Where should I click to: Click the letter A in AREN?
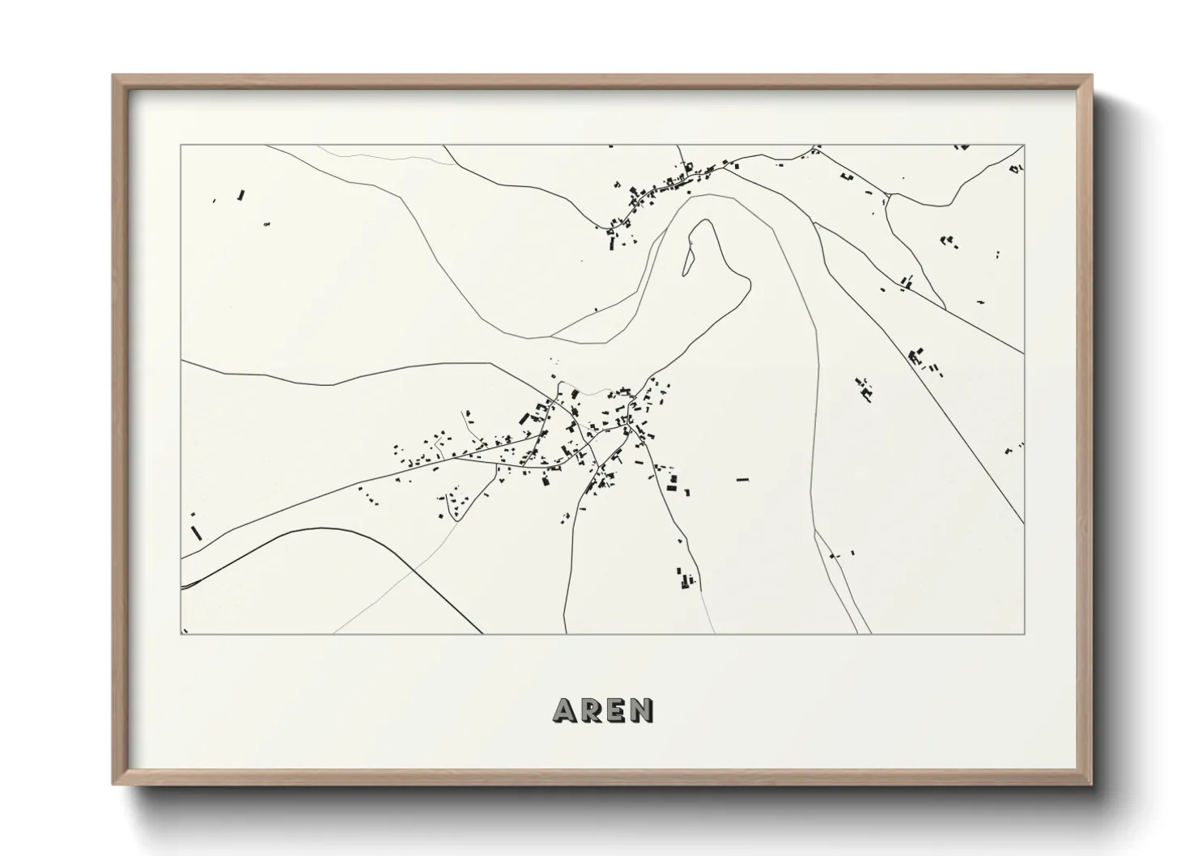tap(565, 710)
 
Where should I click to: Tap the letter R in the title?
tap(592, 710)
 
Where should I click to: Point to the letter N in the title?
tap(643, 710)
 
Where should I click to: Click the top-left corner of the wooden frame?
tap(114, 76)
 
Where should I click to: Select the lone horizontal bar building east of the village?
tap(742, 480)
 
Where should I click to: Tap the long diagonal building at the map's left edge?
tap(195, 532)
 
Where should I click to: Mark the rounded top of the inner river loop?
tap(703, 223)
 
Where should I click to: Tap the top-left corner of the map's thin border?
tap(181, 146)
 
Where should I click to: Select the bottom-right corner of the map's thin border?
tap(1024, 634)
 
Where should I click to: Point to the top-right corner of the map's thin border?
tap(1024, 146)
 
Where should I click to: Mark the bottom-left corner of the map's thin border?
tap(181, 634)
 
